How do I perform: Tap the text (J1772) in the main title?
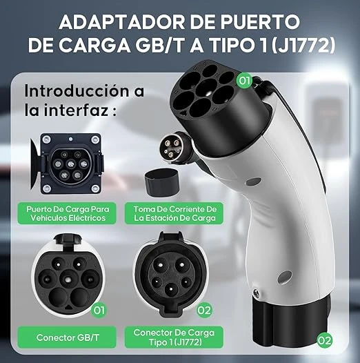[303, 45]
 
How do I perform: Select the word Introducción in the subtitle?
[77, 90]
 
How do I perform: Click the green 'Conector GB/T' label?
[67, 337]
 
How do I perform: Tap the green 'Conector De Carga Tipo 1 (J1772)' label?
[174, 337]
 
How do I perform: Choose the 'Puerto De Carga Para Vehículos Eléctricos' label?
[67, 213]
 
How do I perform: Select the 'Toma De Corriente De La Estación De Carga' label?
[174, 213]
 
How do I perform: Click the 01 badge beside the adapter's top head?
[245, 81]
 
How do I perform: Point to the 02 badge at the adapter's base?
[324, 340]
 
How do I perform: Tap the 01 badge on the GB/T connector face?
[99, 311]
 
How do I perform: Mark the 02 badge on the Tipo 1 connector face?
[204, 311]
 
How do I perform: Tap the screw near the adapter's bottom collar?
[256, 293]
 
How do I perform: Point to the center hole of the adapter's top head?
[206, 88]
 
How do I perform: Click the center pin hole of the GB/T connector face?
[68, 279]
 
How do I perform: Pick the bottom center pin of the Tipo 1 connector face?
[170, 289]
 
